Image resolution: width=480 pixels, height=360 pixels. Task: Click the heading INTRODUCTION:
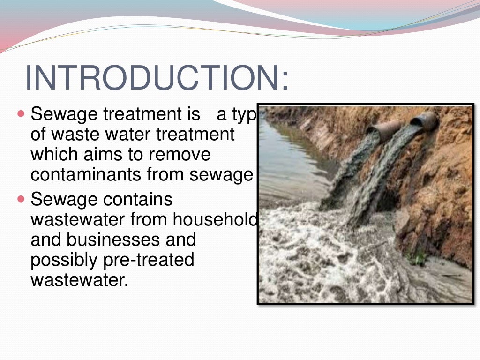point(157,77)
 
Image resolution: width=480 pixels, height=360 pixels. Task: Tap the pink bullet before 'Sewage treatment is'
point(20,114)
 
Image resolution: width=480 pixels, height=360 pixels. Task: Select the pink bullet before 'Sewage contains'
point(20,199)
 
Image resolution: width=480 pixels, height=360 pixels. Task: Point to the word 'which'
point(51,155)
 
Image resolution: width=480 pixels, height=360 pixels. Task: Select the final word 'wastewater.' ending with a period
point(79,280)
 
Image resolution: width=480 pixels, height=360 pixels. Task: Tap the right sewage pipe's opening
point(425,120)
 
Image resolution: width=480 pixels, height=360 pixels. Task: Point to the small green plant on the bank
point(418,256)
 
